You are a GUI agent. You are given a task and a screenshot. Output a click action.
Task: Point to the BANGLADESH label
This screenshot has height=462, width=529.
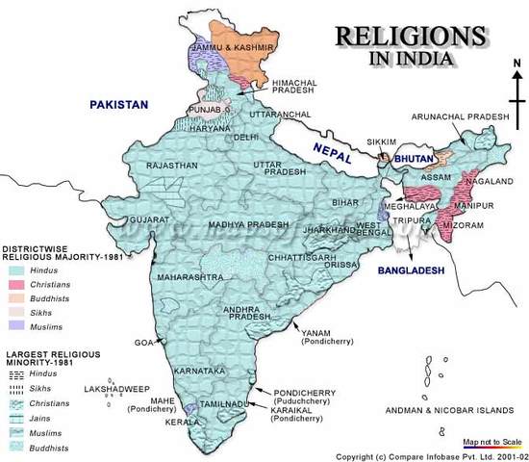point(411,271)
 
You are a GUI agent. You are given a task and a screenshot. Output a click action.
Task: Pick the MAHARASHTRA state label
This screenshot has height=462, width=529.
point(191,277)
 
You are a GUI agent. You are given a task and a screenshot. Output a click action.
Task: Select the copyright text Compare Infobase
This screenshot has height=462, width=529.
point(429,455)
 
